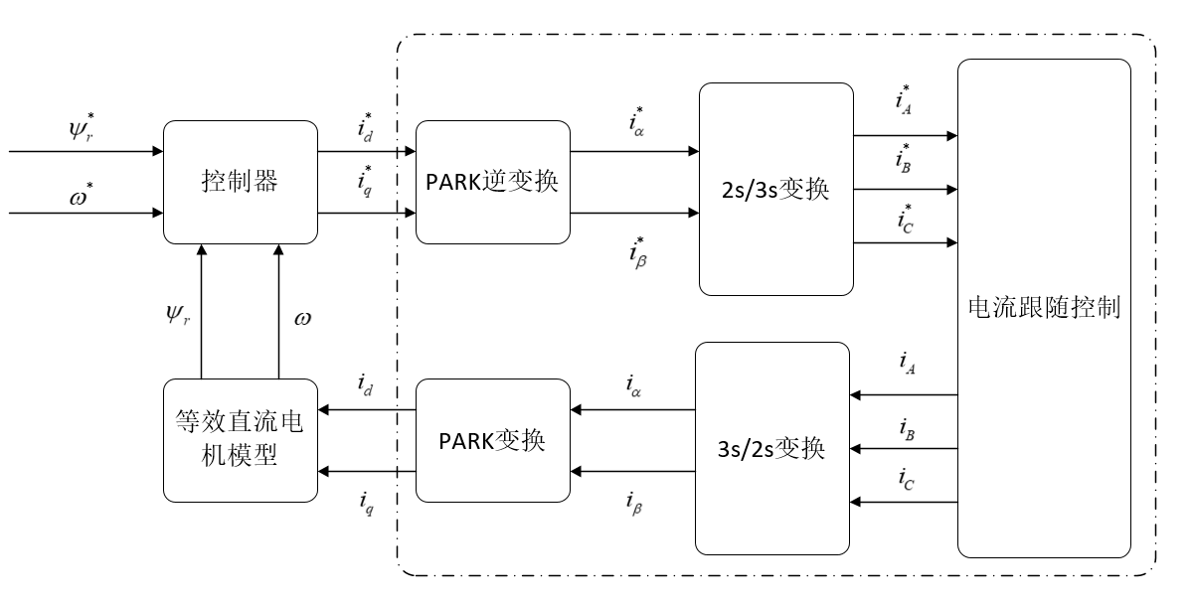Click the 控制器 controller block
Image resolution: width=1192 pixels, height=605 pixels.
coord(240,182)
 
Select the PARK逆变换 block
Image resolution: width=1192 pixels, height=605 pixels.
coord(493,183)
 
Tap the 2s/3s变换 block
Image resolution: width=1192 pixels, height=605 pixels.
coord(775,190)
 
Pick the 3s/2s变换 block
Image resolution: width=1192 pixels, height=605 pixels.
coord(772,448)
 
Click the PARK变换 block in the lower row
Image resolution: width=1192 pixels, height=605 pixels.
coord(492,440)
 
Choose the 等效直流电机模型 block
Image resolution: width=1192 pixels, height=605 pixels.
coord(240,440)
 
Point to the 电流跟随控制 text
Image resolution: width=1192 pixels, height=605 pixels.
coord(1044,308)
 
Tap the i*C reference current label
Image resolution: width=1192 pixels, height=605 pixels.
coord(905,218)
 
